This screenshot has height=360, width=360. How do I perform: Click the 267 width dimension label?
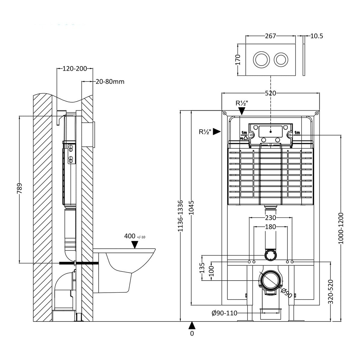click(270, 36)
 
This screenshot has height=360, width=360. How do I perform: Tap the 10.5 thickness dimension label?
click(316, 36)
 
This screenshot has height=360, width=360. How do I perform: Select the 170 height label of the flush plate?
click(238, 60)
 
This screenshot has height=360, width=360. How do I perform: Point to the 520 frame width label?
click(270, 93)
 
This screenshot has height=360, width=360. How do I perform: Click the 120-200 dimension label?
click(75, 69)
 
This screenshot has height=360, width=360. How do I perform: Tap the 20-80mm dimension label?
click(110, 81)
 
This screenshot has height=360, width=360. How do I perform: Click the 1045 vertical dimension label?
click(192, 208)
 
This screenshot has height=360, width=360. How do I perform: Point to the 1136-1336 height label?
click(180, 216)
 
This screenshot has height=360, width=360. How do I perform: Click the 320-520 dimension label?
click(331, 292)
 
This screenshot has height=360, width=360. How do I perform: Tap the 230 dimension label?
click(270, 218)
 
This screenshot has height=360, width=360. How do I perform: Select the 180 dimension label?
click(270, 227)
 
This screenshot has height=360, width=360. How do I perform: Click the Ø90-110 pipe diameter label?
click(224, 313)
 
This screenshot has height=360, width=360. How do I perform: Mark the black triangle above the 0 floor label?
click(192, 325)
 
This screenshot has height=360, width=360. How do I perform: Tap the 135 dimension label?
click(202, 268)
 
